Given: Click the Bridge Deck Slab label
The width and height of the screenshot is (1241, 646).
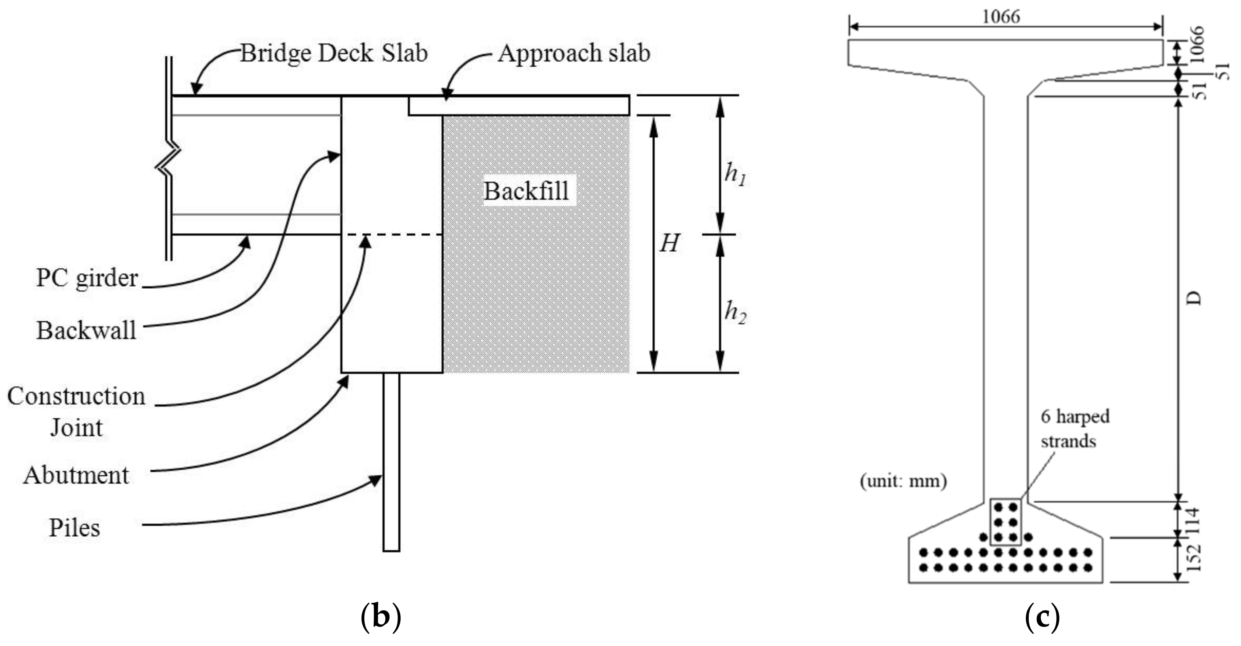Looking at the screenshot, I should coord(333,53).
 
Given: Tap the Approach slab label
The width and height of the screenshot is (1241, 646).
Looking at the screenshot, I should coord(573,53).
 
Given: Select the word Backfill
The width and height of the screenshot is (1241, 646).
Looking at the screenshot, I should coord(526,191).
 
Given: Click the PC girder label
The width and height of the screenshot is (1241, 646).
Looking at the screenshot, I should coord(87,278).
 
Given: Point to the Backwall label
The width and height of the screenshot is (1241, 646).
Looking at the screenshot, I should coord(87,331).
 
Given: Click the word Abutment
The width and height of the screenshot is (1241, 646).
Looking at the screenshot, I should coord(76,475).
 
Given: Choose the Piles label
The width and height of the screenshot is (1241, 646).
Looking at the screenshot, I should coord(75,528).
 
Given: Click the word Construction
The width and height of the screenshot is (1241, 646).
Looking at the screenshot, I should coord(76,396).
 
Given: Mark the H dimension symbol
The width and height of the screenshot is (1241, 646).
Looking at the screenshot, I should coord(669,243).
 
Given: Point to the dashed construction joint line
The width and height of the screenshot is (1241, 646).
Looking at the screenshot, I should coord(393,235).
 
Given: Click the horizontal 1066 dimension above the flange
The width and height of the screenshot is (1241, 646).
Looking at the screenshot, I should coord(1001,17).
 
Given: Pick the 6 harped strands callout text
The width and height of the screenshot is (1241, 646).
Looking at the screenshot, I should coord(1074,429).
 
